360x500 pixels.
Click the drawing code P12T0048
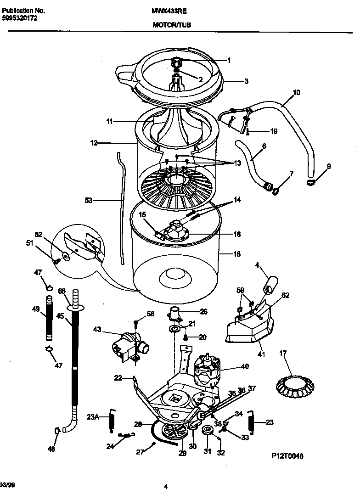[287, 455]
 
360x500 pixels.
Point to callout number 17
[283, 353]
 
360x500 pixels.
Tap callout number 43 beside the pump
[97, 329]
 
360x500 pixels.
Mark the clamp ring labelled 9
[313, 183]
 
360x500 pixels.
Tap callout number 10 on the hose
[296, 92]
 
